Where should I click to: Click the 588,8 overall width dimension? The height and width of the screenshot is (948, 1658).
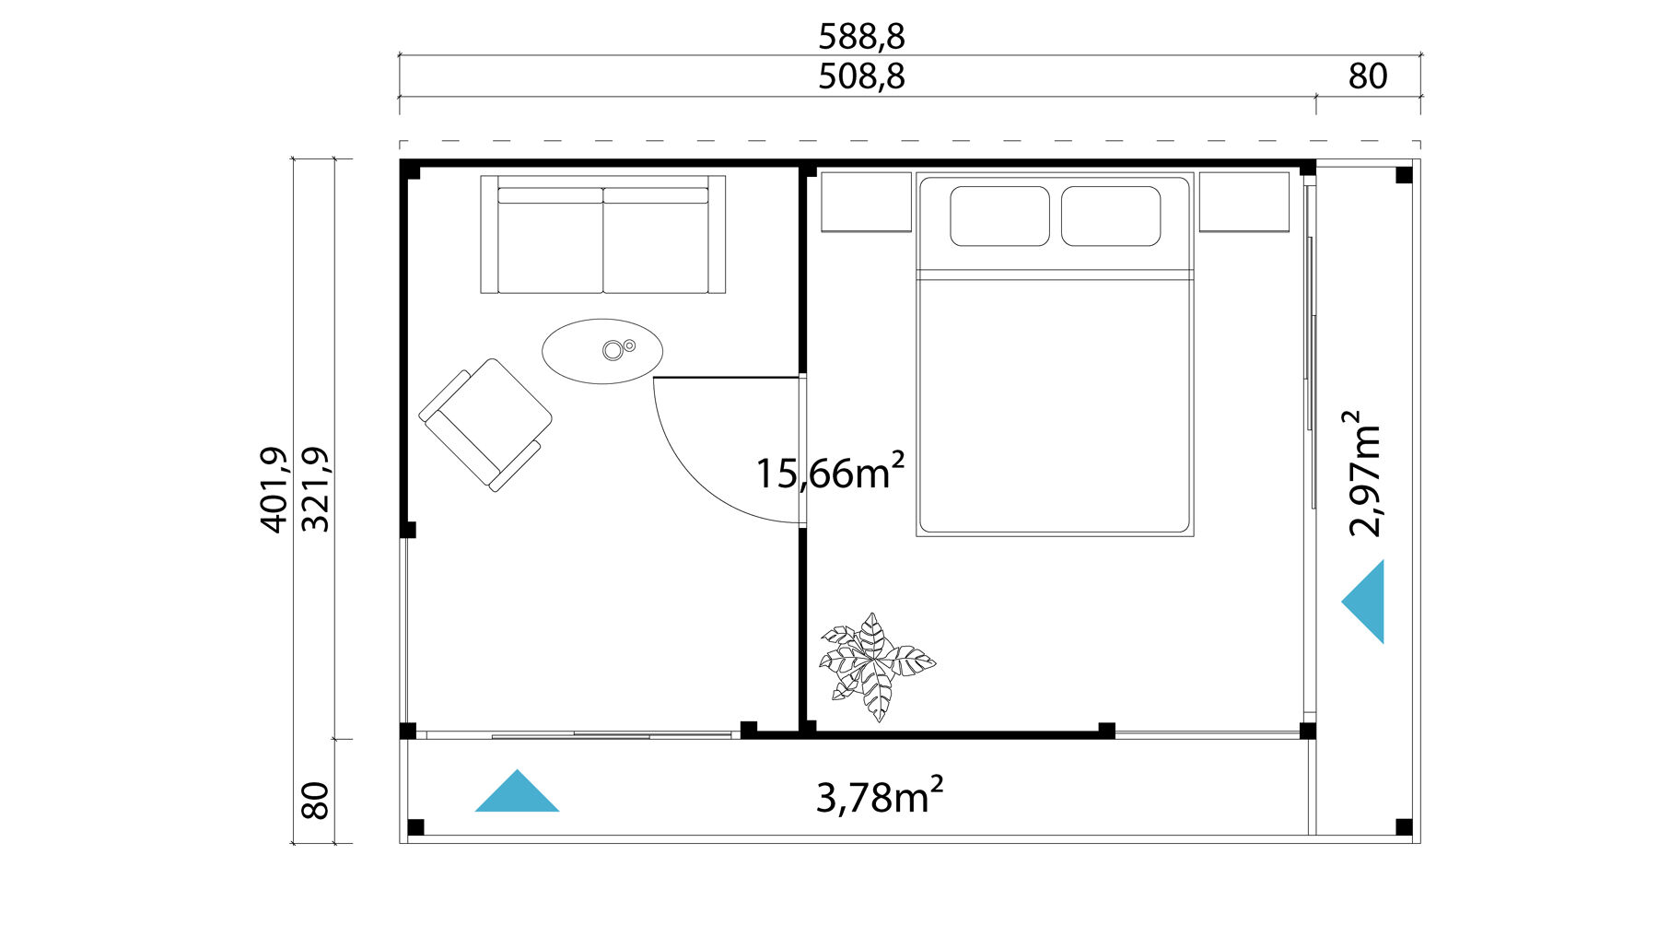coord(861,37)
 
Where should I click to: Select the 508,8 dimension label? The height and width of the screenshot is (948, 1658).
coord(861,76)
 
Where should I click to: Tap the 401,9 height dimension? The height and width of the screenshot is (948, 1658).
coord(274,489)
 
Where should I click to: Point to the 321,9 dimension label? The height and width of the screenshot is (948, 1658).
coord(316,489)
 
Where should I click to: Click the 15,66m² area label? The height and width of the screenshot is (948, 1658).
coord(829,473)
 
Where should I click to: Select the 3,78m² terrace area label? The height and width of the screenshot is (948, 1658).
coord(879,796)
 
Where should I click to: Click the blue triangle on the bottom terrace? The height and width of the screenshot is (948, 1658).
coord(517,795)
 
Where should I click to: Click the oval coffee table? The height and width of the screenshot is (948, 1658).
coord(602,351)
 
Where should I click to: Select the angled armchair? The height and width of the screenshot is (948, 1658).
coord(485,424)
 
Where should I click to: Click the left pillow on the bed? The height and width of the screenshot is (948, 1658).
coord(999,217)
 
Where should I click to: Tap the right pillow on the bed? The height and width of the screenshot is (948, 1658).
coord(1110,217)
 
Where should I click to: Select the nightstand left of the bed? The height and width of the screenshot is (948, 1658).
coord(866,202)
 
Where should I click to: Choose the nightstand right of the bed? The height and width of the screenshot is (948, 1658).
coord(1243,202)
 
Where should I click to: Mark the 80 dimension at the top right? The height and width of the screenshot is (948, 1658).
coord(1368,76)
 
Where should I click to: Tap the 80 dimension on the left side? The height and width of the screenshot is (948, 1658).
coord(316,800)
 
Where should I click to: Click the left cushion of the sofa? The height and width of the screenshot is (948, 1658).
coord(550,244)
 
